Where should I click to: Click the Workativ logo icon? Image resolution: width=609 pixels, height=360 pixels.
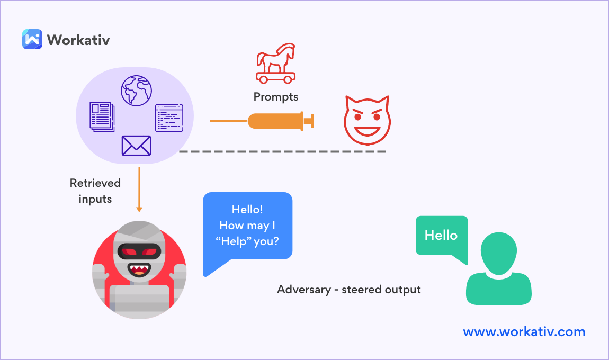tap(32, 39)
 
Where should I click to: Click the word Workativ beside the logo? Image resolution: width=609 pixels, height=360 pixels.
tap(78, 40)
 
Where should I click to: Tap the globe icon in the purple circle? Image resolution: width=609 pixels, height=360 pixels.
tap(136, 91)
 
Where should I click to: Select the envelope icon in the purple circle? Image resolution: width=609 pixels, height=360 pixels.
tap(136, 146)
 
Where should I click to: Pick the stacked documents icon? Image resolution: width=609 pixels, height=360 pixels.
tap(102, 116)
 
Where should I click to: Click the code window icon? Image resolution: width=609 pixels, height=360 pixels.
tap(169, 118)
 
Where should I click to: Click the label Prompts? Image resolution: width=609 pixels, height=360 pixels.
tap(275, 97)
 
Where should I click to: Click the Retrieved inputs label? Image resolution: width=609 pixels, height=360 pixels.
tap(95, 191)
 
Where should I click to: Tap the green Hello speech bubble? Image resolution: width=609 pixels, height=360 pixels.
tap(442, 236)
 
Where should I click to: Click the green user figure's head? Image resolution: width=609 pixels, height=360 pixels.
tap(498, 252)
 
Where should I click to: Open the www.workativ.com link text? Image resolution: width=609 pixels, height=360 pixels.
tap(524, 332)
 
